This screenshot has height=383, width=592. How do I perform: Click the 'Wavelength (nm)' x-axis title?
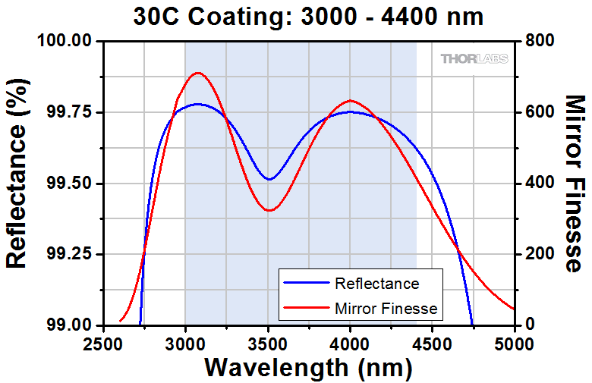309,368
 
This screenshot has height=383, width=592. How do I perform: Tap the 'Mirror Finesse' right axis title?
575,183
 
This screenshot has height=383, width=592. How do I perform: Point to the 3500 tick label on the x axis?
268,342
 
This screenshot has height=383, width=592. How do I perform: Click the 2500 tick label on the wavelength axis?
103,342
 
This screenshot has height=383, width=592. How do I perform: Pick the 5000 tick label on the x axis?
515,342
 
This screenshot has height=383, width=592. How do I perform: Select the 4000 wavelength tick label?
350,342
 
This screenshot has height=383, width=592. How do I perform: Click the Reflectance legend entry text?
376,284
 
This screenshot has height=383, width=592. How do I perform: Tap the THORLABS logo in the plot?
474,58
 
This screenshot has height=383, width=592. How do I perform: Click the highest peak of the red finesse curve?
199,74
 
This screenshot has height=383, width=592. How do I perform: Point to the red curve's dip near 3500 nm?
269,210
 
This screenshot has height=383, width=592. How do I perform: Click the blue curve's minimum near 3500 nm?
269,180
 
